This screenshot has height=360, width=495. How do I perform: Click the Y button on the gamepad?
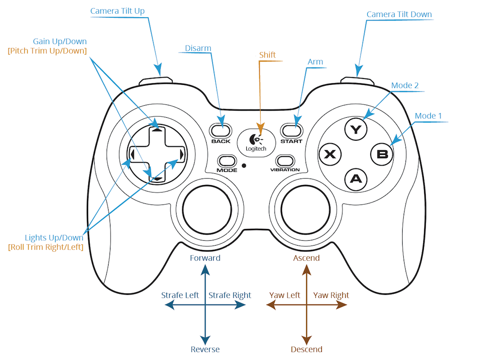355,129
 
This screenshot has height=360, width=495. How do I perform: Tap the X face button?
330,154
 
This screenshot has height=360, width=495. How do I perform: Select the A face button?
355,179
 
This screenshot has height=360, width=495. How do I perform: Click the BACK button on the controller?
220,130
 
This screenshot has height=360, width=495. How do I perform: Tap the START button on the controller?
291,130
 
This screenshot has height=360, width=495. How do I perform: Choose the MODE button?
227,160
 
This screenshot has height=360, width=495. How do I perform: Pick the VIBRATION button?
285,160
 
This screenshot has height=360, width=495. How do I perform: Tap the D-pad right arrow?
182,154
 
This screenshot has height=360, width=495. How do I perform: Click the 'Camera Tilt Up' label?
117,11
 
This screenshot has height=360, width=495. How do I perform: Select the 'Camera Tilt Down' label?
399,14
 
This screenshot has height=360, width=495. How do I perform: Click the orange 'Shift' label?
267,55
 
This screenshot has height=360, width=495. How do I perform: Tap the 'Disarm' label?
198,48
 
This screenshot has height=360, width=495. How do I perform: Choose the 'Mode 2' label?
405,86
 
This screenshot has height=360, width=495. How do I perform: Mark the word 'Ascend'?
306,258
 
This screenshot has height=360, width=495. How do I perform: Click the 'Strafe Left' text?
180,295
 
